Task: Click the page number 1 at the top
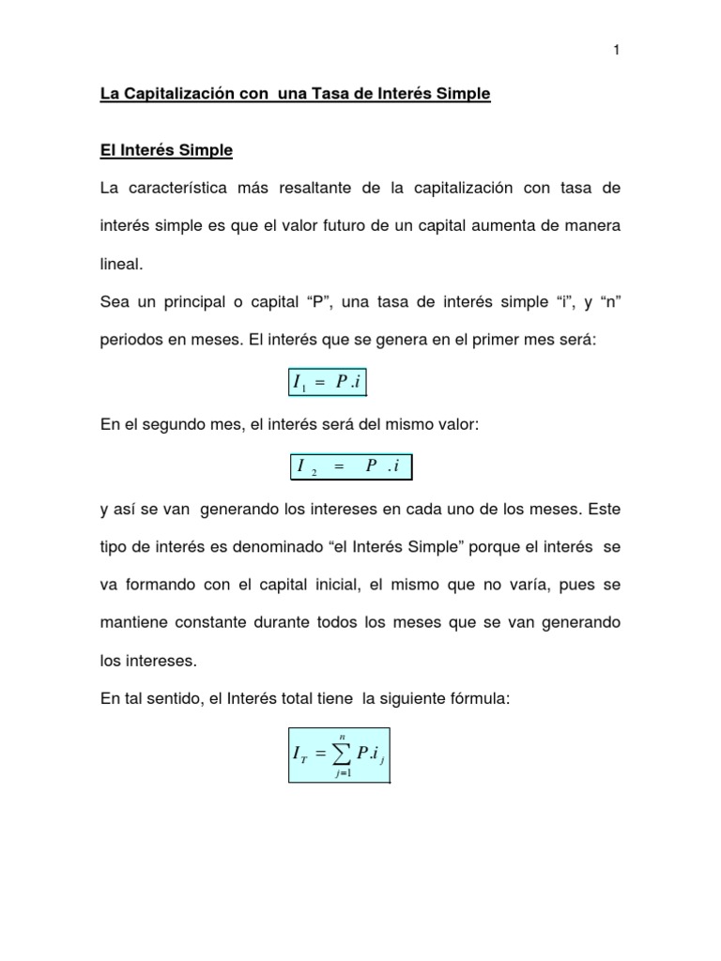pos(616,51)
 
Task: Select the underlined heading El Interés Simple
pos(166,150)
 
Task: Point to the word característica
pos(193,189)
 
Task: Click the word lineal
pos(121,265)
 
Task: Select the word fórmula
pos(476,697)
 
